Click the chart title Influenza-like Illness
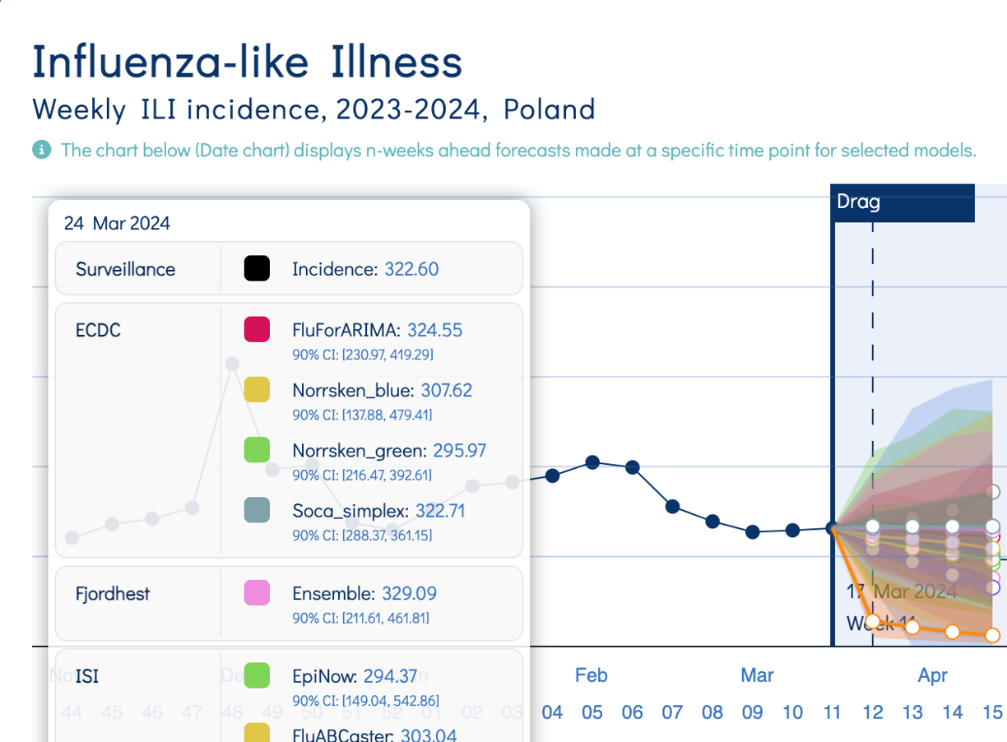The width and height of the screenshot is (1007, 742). click(247, 63)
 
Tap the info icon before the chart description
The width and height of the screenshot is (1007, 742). click(41, 150)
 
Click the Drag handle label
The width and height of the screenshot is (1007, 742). click(858, 202)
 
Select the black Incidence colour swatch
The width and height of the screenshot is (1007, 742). click(257, 269)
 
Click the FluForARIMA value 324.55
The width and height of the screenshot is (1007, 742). click(434, 330)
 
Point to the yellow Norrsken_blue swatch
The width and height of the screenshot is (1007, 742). click(257, 390)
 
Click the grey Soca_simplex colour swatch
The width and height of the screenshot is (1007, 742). click(257, 511)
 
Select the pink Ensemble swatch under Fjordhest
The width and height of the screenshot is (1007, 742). click(257, 593)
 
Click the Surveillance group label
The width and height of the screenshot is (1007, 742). click(125, 269)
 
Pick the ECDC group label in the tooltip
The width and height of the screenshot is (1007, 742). click(98, 330)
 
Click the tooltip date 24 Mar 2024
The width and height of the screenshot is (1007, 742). click(117, 223)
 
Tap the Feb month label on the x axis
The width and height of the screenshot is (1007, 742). click(591, 675)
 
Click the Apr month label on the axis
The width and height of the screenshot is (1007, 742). click(933, 675)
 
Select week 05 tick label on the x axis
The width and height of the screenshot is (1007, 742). click(592, 712)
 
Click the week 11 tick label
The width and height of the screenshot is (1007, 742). click(832, 712)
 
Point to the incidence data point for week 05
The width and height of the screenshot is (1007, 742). click(592, 462)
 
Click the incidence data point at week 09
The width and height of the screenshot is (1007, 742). click(752, 532)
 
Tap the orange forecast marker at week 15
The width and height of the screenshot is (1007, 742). click(992, 635)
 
